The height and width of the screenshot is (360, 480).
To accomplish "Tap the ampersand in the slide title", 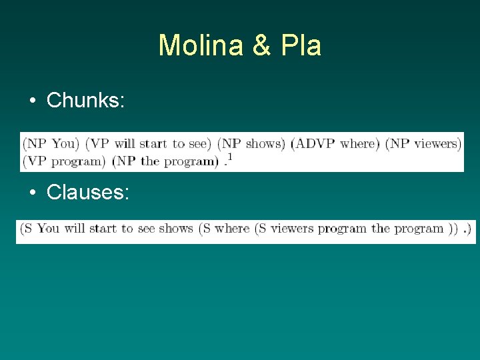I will (x=262, y=45).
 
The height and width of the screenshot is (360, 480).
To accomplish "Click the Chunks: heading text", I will (x=85, y=100).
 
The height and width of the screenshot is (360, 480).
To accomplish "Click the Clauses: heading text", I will (x=88, y=192).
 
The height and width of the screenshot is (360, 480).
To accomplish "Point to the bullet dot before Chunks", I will (x=32, y=101).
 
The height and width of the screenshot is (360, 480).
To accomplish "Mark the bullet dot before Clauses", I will (x=32, y=193).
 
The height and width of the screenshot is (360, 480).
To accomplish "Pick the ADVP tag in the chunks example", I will (x=315, y=143).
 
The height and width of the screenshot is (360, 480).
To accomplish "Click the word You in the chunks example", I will (x=63, y=143).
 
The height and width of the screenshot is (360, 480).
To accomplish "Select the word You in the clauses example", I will (x=48, y=229).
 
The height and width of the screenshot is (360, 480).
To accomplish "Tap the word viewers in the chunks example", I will (x=437, y=143).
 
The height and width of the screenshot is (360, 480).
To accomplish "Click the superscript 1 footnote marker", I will (x=230, y=157).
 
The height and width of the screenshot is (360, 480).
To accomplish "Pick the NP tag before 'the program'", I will (x=127, y=161).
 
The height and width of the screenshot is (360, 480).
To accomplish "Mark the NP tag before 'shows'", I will (x=233, y=143).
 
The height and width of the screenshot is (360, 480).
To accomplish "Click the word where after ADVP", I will (x=359, y=143).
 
